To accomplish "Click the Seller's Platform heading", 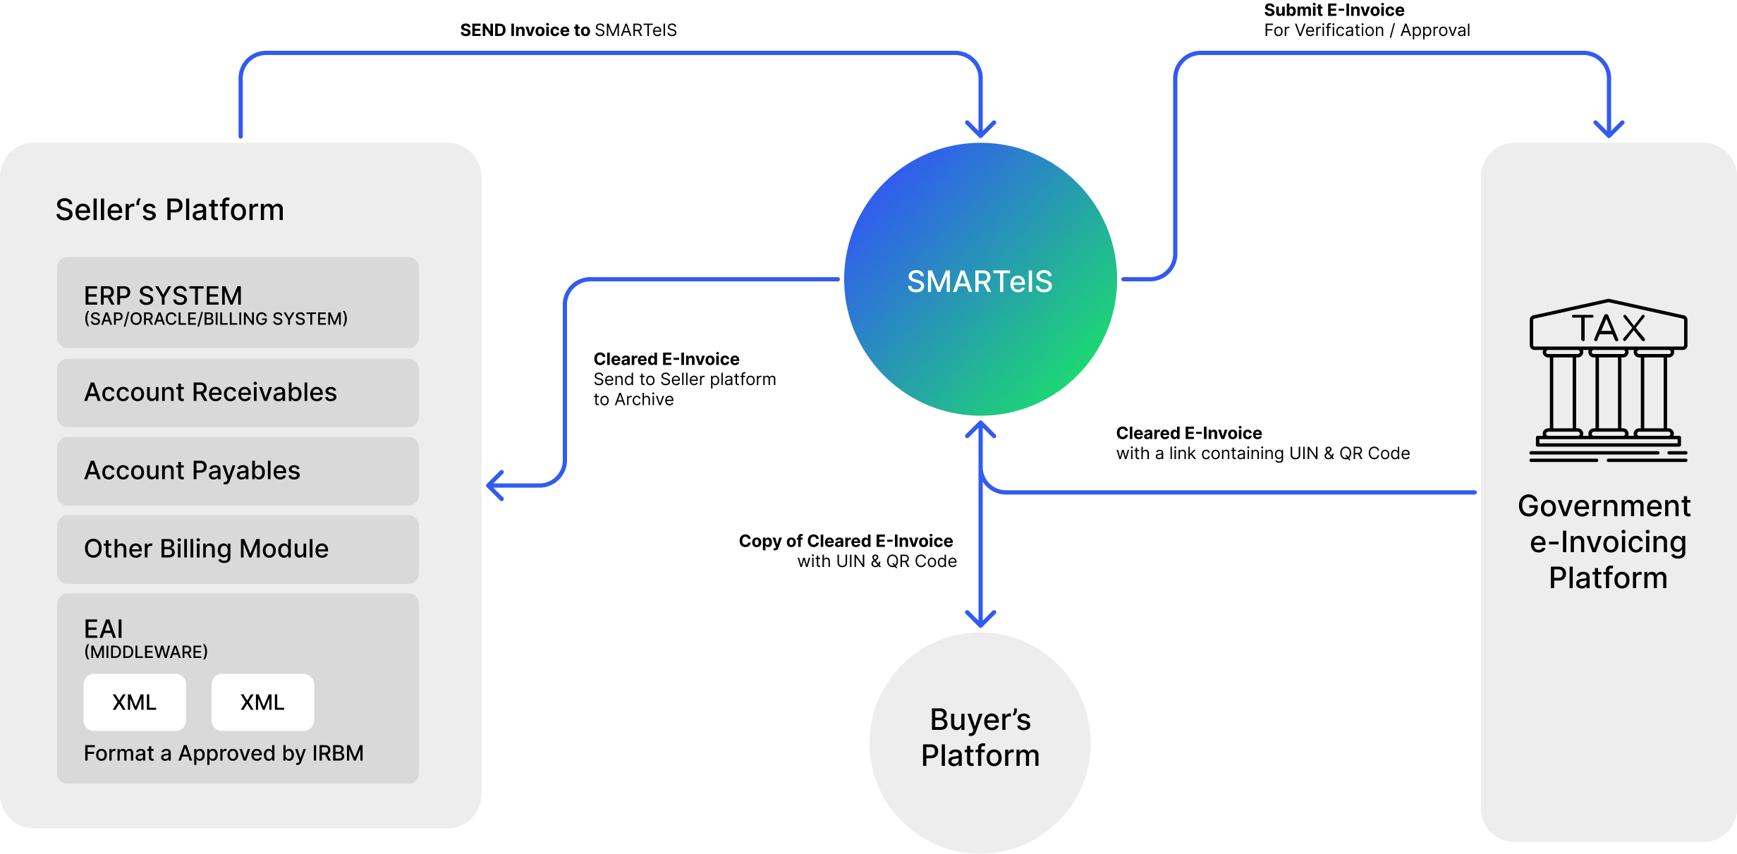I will pos(169,210).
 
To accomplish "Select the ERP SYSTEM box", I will pos(238,303).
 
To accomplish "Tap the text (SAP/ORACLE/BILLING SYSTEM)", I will pos(216,319).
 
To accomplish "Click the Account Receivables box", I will pos(238,393).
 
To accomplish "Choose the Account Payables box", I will pos(238,471).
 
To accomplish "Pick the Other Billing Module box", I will pos(238,549).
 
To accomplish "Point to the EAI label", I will pos(103,629).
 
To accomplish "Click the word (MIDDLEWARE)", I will pos(146,652).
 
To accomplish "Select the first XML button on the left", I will pos(135,702).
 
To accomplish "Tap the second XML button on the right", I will pos(262,702).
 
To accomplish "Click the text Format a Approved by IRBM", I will pos(224,754).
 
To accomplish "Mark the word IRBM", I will pos(338,754).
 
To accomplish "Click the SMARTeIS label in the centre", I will pos(980,282).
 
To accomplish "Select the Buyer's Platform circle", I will pos(980,738).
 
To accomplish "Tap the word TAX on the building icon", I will pos(1609,329).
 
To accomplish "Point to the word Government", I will pos(1604,506).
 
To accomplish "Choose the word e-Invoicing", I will pos(1608,542).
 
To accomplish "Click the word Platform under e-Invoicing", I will pos(1608,578).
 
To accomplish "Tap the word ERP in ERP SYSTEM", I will pos(107,296).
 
